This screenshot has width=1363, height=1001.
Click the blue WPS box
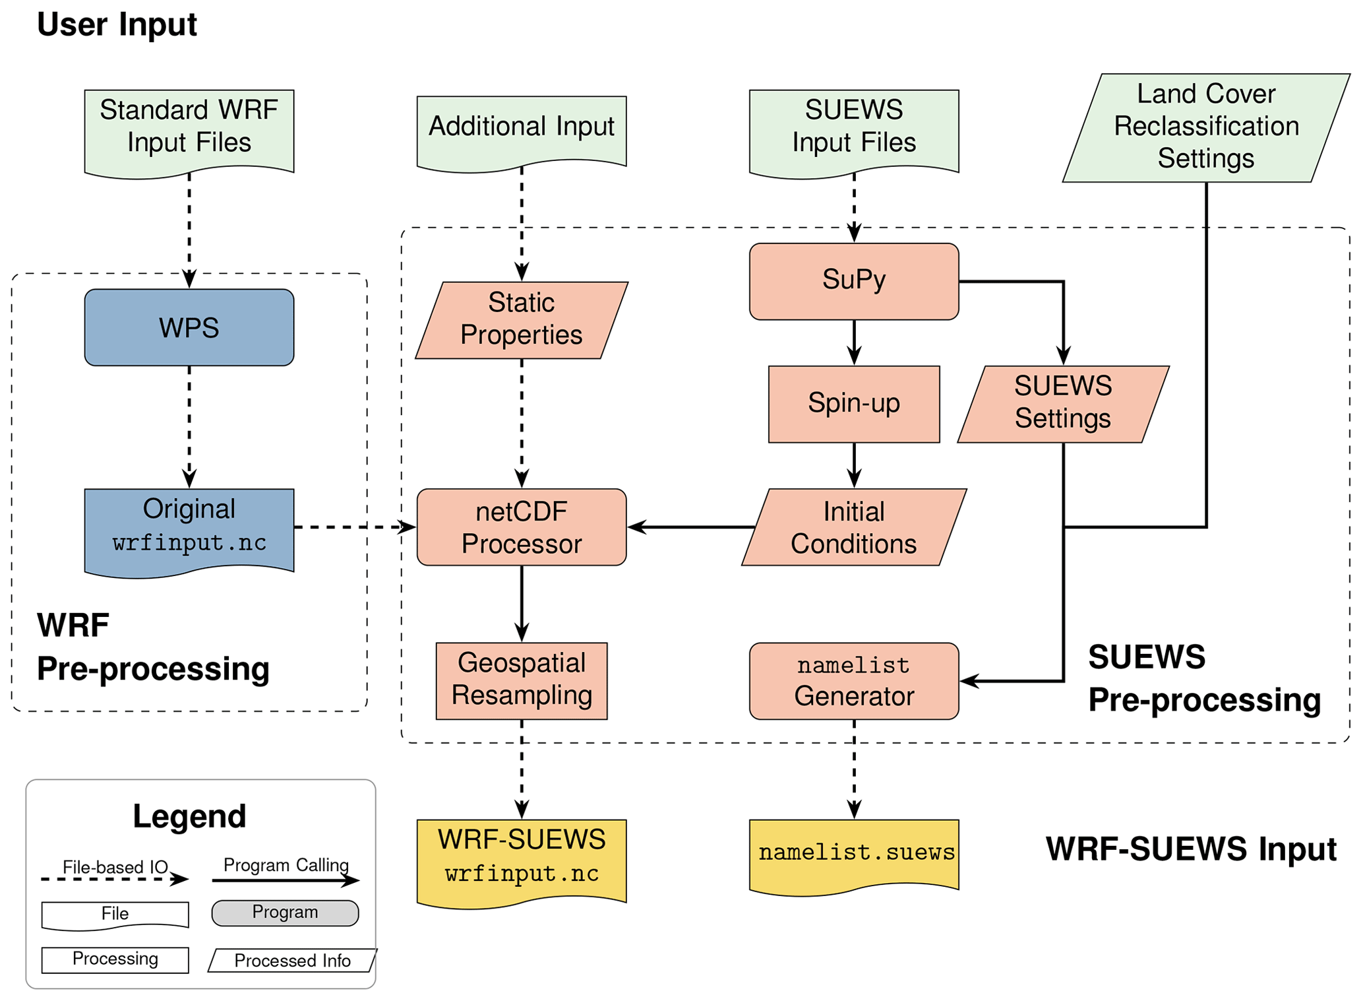pos(189,327)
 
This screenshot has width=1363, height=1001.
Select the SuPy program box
pos(853,281)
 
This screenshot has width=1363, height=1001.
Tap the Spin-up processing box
pos(853,404)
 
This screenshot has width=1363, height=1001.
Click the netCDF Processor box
pos(521,527)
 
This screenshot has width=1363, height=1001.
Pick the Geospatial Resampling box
pos(521,680)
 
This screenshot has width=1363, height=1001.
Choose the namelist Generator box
pos(853,681)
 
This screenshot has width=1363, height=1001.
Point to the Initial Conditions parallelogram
pos(853,527)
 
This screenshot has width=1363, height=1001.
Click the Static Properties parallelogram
pos(521,320)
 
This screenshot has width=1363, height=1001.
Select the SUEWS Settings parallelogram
pos(1062,404)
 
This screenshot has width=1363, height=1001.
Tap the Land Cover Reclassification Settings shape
pos(1205,127)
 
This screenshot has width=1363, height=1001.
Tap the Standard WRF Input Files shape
pos(189,131)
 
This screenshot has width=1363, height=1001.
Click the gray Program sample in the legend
pos(285,913)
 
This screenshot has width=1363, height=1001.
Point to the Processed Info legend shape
pos(292,961)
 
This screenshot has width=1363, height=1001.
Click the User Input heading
pos(117,25)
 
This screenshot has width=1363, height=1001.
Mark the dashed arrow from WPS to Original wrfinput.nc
pos(189,426)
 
